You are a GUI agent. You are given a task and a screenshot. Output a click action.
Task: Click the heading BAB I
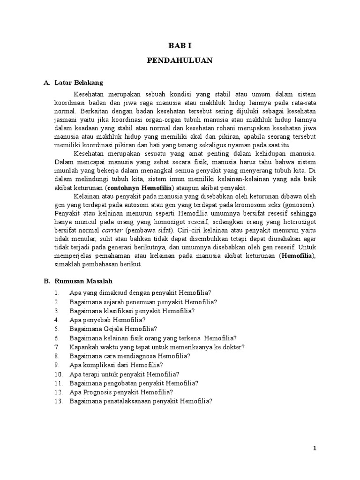pyautogui.click(x=180, y=46)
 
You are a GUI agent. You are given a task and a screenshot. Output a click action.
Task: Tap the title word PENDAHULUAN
pyautogui.click(x=180, y=60)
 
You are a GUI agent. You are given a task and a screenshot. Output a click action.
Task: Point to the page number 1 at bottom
pyautogui.click(x=315, y=449)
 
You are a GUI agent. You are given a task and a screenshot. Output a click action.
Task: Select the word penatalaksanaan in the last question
pyautogui.click(x=127, y=401)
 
